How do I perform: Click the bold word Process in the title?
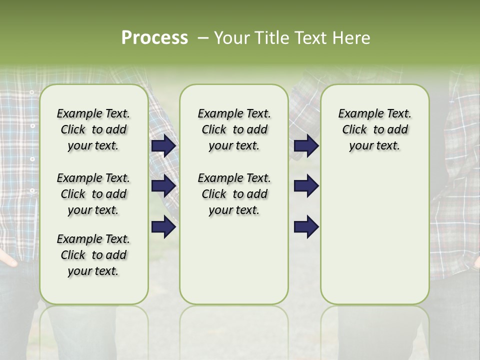(154, 38)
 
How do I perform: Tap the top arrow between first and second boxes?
(163, 145)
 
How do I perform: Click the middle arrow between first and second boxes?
(163, 186)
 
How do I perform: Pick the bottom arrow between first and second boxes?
(163, 226)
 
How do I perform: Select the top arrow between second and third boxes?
(306, 145)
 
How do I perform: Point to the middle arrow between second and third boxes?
(306, 186)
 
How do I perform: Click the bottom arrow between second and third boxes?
(306, 226)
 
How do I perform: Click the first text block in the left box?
(93, 129)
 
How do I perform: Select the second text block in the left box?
(93, 194)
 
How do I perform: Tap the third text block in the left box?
(93, 255)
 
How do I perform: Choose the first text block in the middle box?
(234, 129)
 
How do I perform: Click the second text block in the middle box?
(234, 194)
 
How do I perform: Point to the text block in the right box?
(374, 129)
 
